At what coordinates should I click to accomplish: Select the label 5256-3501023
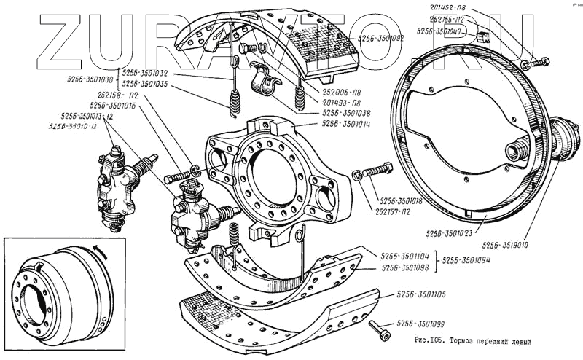450,233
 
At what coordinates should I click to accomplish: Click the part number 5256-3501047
442,32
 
